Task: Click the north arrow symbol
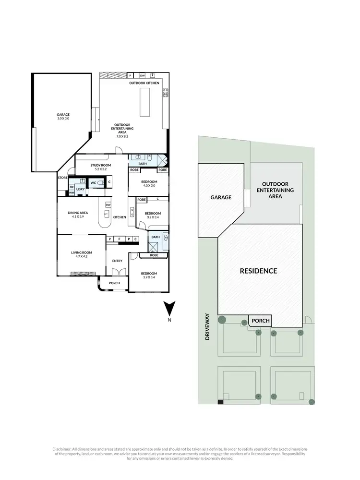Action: [169, 308]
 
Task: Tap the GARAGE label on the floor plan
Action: [63, 115]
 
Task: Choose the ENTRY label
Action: [117, 261]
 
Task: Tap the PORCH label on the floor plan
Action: [114, 283]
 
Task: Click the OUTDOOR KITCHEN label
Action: [144, 83]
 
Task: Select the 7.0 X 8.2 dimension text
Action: [122, 136]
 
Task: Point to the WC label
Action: [93, 182]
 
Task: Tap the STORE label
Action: [63, 178]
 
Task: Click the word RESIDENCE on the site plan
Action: [259, 271]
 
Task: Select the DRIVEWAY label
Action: [208, 327]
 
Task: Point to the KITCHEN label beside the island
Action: [119, 217]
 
